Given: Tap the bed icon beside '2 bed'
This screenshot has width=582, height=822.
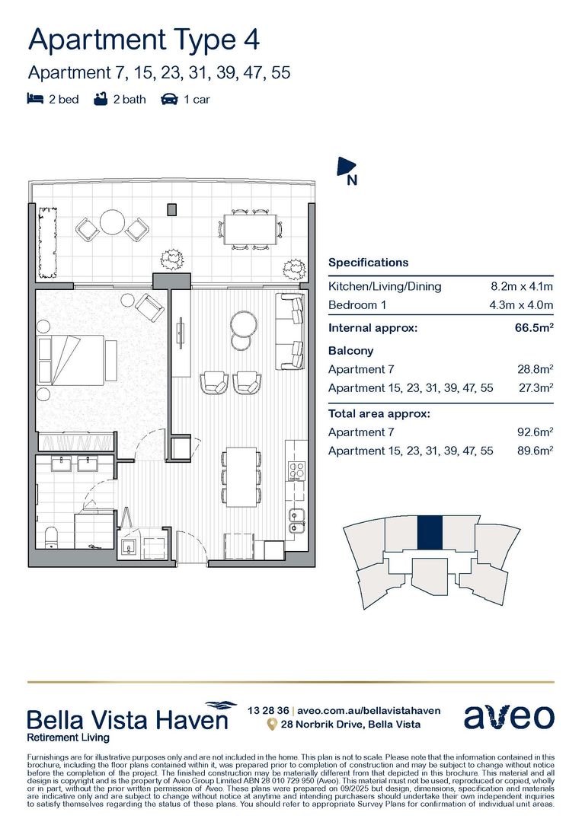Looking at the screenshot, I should (34, 99).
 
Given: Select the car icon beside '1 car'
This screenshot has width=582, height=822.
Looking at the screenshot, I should (169, 99).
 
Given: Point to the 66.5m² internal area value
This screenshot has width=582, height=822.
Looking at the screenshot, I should (534, 329).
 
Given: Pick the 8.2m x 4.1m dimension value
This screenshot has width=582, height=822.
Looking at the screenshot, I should (522, 287).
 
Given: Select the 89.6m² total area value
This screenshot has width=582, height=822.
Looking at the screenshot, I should (534, 451).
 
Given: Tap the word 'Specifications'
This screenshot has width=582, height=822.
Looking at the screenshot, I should (368, 263).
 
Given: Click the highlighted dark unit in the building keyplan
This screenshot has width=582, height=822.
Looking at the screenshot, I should (430, 534).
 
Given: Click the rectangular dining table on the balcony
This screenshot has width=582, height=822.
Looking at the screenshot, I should (250, 228).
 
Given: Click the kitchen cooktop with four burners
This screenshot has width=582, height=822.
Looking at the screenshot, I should (296, 470).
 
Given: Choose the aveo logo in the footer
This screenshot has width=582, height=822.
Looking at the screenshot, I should (509, 716).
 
